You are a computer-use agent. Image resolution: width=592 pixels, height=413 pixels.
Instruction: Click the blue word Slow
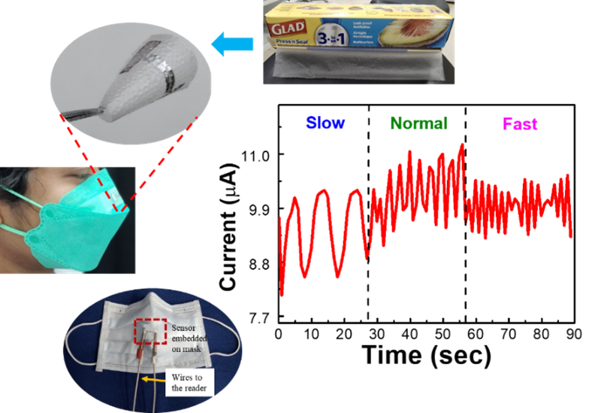pyautogui.click(x=325, y=123)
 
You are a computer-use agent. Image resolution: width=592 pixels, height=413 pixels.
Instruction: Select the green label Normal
pyautogui.click(x=418, y=123)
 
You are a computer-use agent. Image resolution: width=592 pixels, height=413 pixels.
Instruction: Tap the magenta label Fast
pyautogui.click(x=520, y=124)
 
